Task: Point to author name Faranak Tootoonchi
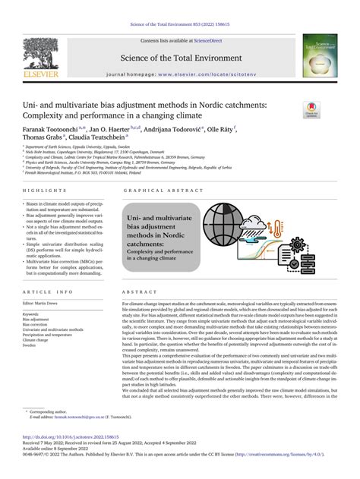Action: [52, 131]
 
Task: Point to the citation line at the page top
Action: [179, 6]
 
